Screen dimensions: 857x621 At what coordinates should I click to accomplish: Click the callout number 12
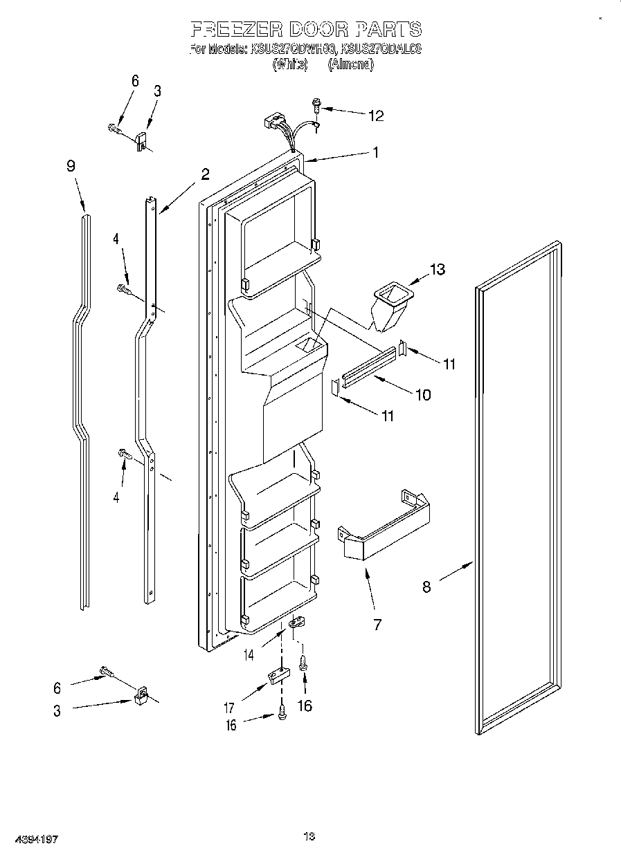click(x=375, y=116)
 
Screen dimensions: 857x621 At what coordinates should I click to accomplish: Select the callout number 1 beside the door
click(x=376, y=153)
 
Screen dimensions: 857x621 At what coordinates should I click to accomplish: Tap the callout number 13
click(x=438, y=269)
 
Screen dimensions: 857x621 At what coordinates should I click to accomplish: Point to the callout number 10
click(x=422, y=394)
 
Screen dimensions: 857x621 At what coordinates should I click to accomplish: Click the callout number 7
click(x=377, y=625)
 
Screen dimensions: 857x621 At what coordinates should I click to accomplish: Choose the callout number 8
click(x=426, y=587)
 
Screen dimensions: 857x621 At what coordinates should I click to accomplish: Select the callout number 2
click(x=205, y=174)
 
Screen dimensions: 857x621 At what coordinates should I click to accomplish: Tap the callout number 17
click(x=229, y=708)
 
